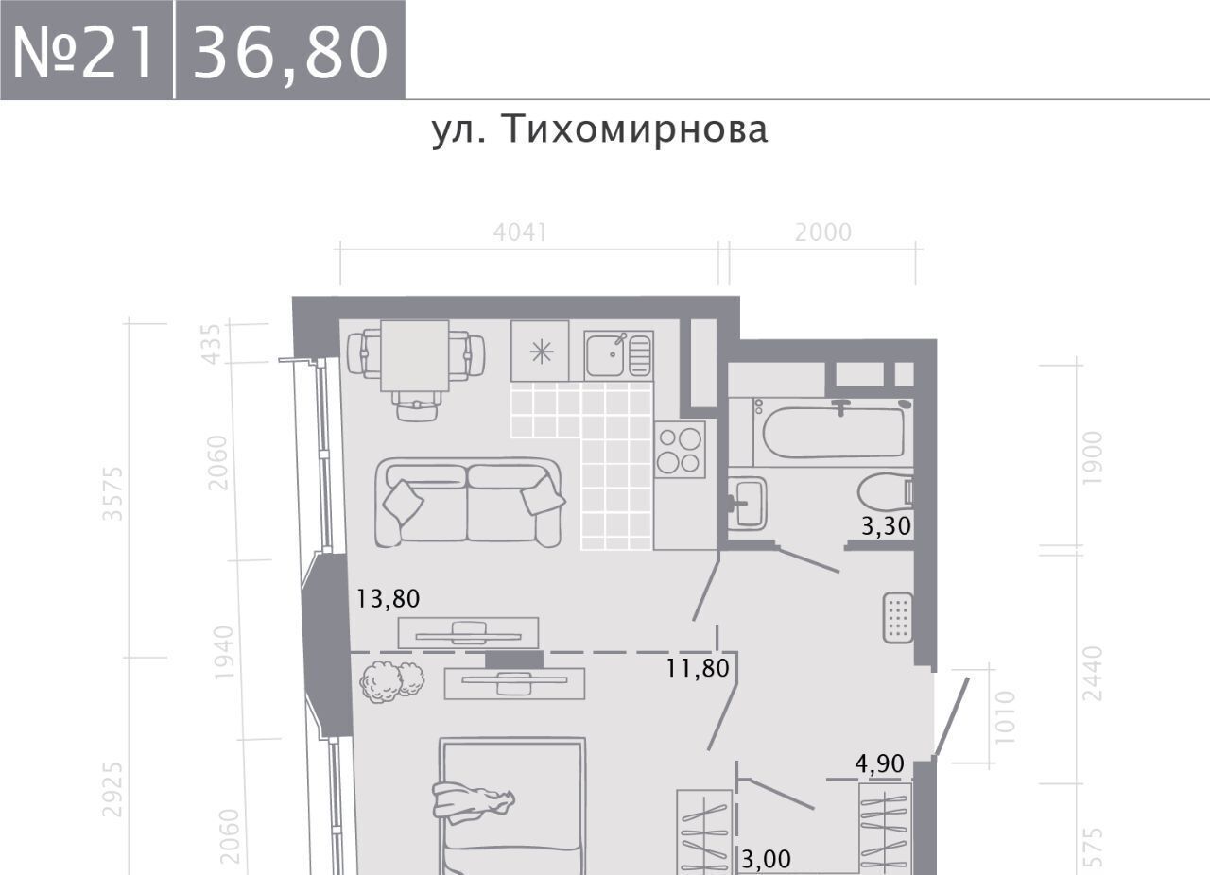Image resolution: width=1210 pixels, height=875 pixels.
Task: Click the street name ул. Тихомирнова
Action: (x=599, y=130)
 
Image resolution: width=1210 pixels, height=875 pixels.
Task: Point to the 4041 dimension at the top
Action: (x=520, y=232)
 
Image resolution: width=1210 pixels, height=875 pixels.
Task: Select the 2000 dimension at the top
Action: (x=823, y=232)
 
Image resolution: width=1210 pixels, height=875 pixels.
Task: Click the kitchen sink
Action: (x=618, y=354)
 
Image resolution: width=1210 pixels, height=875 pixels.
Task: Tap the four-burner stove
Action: (x=680, y=450)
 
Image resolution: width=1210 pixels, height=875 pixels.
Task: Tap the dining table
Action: (x=415, y=355)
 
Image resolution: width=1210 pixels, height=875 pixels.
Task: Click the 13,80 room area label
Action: (x=388, y=599)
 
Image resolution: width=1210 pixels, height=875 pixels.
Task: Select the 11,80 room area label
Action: (x=698, y=668)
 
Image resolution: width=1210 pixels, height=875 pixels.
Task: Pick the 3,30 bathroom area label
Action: (x=886, y=525)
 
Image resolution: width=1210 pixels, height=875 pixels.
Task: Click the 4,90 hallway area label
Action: (x=879, y=763)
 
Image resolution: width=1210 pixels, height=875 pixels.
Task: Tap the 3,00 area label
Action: (x=766, y=858)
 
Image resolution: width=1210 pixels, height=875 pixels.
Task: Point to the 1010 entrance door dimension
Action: (x=1005, y=717)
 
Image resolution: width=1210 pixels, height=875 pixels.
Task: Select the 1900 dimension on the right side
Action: (x=1092, y=457)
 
